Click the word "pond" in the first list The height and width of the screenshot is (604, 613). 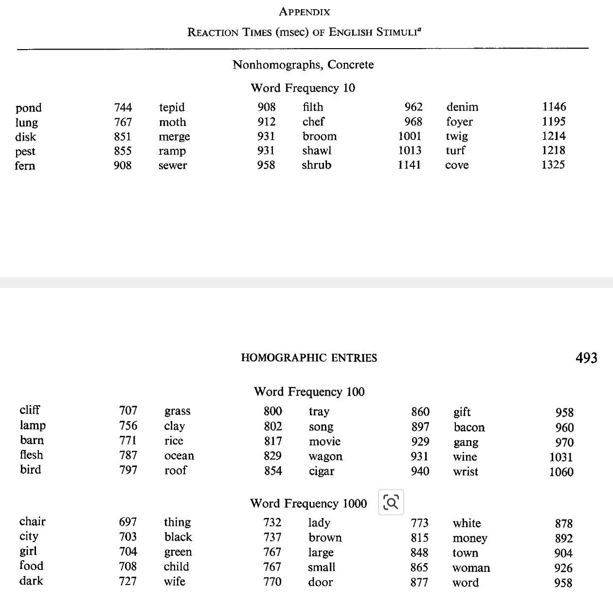coord(28,108)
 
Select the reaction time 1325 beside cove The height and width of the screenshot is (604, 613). coord(553,165)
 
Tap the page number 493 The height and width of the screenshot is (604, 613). coord(586,358)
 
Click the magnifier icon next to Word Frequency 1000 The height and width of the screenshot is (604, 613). coord(391,503)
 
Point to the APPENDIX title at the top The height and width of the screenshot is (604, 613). coord(305,12)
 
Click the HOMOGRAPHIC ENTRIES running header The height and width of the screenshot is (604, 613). coord(309,358)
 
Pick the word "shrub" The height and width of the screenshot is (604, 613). coord(316,165)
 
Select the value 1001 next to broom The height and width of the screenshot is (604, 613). coord(409,136)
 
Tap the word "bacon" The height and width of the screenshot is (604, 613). coord(469,427)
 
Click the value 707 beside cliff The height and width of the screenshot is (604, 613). coord(128,410)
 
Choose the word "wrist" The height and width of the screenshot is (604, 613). coord(466,472)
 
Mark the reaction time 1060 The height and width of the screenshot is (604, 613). coord(561,472)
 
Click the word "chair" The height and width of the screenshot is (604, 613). coord(32,522)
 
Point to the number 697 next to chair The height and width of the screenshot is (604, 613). coord(127,522)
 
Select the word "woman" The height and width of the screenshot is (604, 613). coord(471,568)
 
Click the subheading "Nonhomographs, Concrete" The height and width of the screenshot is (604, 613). coord(303,65)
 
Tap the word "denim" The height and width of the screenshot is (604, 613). coord(462,107)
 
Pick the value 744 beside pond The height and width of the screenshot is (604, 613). coord(123,107)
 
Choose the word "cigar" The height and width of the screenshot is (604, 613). coord(322,471)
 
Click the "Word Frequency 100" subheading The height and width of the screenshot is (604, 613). coord(309,392)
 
